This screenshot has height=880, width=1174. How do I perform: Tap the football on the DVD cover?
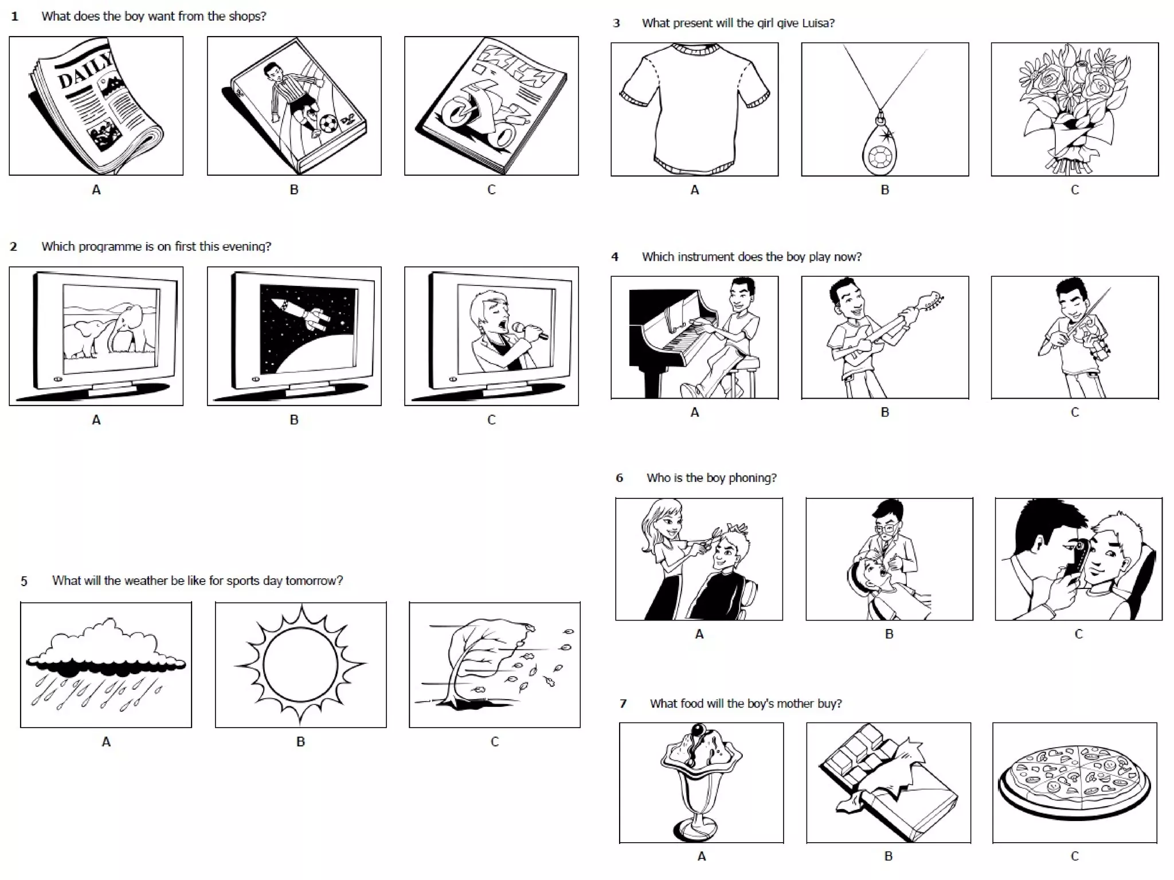328,123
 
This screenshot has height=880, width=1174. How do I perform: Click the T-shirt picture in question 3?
694,109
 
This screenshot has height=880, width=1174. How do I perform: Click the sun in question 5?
300,665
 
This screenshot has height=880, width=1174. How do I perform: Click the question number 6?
619,478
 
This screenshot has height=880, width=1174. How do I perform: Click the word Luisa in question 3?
817,23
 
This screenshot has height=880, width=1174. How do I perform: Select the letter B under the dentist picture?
889,634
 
